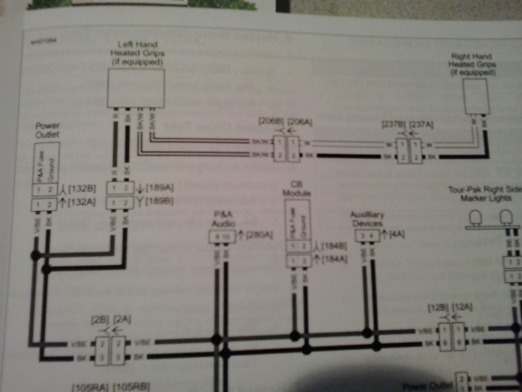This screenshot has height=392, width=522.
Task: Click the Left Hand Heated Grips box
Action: [x=136, y=88]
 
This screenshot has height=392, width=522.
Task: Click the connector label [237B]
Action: [x=393, y=125]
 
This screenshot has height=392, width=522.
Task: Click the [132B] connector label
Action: [x=82, y=189]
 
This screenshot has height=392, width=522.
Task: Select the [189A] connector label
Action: [x=159, y=188]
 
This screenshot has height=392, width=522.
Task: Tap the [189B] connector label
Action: [x=159, y=202]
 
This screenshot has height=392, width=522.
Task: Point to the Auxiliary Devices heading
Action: [x=367, y=219]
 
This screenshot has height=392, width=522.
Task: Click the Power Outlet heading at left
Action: [x=47, y=130]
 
